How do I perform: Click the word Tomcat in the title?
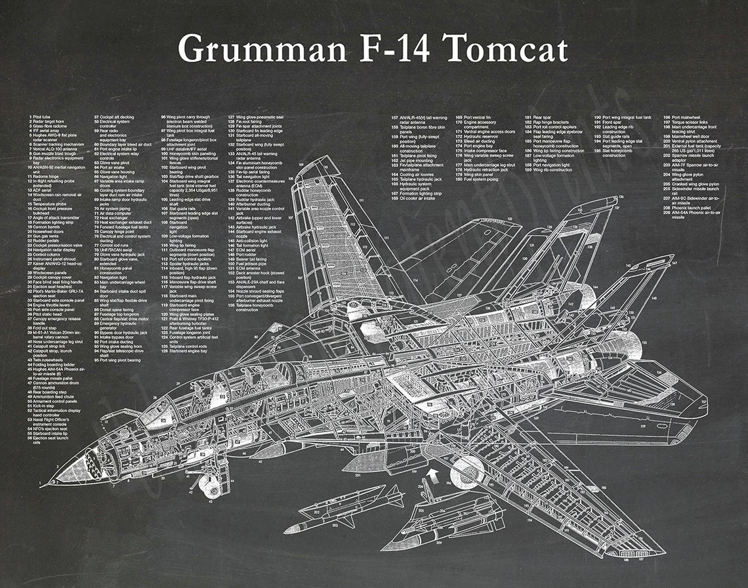(x=505, y=49)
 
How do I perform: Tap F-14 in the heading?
(x=390, y=49)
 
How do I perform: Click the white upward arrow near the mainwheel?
(x=430, y=472)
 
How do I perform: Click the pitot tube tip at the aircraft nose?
(x=41, y=486)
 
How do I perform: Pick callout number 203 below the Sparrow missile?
(x=335, y=525)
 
